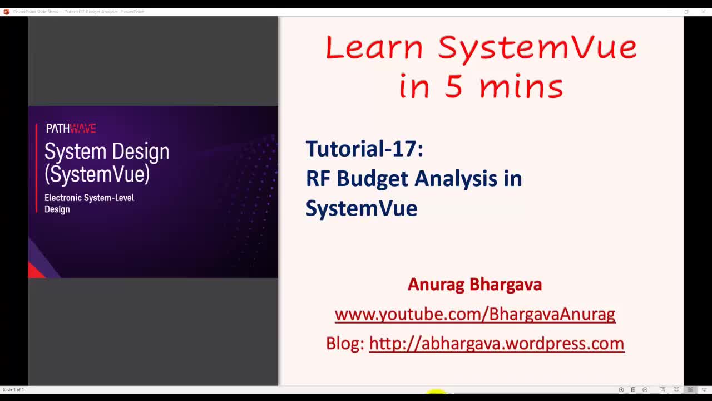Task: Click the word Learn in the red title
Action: click(x=374, y=47)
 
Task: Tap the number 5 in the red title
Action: click(x=453, y=87)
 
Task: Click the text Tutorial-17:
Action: click(x=364, y=149)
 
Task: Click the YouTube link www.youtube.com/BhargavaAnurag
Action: click(x=474, y=314)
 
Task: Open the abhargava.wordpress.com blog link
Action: click(x=496, y=344)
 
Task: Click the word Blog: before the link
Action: click(x=345, y=344)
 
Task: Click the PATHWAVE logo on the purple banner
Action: click(x=71, y=129)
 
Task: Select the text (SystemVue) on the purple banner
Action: click(x=97, y=174)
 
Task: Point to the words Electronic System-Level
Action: click(x=89, y=198)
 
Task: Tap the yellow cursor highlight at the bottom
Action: click(x=437, y=392)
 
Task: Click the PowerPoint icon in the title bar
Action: click(x=6, y=12)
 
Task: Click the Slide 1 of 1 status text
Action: click(x=13, y=389)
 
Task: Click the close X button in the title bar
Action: click(x=703, y=12)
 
